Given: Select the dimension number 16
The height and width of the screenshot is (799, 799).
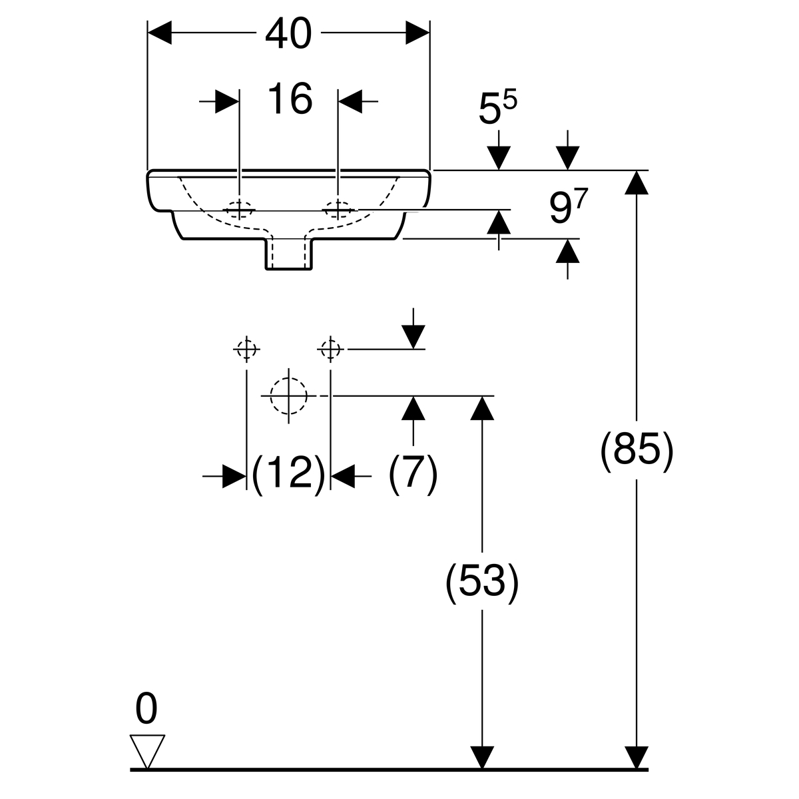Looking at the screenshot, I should click(x=290, y=99).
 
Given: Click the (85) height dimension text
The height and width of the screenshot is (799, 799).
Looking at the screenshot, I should click(x=637, y=452).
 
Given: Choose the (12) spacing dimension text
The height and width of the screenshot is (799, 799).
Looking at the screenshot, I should click(x=288, y=475).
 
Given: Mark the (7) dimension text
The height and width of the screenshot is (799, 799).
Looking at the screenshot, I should click(x=413, y=475).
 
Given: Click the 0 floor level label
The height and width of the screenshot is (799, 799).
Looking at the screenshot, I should click(x=146, y=708).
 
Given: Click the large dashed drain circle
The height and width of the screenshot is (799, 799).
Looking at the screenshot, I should click(x=288, y=396).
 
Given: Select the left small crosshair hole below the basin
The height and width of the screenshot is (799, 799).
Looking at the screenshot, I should click(x=246, y=348).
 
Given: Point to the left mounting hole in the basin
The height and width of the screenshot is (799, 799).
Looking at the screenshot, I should click(x=238, y=209).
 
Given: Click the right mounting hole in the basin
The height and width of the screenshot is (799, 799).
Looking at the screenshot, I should click(x=339, y=209).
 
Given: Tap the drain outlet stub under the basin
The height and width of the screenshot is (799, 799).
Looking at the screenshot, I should click(x=289, y=254).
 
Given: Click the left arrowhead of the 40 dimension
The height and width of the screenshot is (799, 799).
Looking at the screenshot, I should click(x=159, y=33).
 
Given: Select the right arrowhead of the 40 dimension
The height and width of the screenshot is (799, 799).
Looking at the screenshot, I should click(x=417, y=33).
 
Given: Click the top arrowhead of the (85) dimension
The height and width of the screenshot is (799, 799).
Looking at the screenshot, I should click(x=637, y=182).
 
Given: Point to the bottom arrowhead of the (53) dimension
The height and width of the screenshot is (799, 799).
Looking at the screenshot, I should click(x=481, y=758).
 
